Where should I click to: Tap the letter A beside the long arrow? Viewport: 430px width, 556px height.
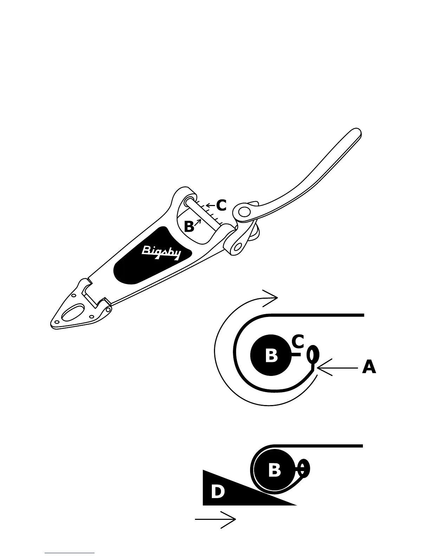(x=369, y=368)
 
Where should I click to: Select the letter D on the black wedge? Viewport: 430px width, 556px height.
(x=218, y=492)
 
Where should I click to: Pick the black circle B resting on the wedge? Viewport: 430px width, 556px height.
(x=274, y=470)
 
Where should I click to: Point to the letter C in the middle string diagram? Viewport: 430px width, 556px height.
(x=298, y=342)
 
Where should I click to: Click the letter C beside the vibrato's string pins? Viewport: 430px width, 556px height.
(x=221, y=205)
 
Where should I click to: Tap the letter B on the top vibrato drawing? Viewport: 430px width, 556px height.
(x=189, y=227)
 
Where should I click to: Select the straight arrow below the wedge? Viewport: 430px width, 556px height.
(x=215, y=519)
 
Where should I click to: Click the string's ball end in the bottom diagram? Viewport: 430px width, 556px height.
(x=304, y=468)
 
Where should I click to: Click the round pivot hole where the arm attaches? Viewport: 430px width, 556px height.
(x=244, y=211)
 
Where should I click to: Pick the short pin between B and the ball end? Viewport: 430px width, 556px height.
(x=297, y=355)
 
